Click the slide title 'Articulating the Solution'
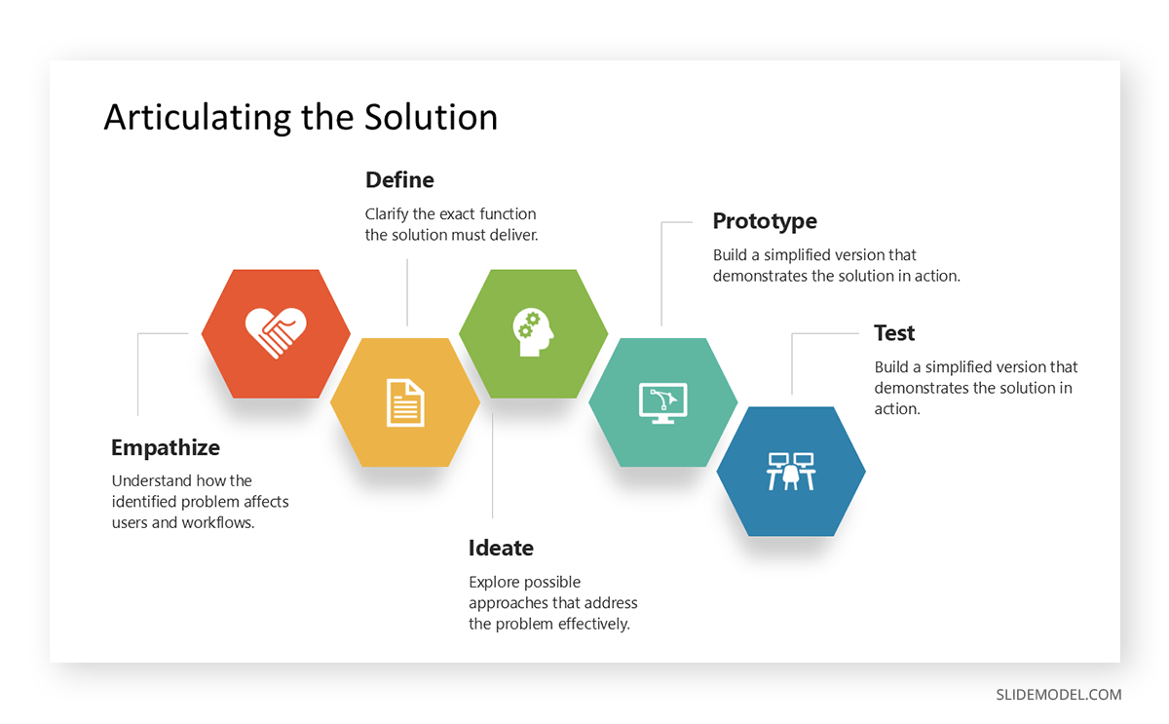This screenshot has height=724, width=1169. pos(300,117)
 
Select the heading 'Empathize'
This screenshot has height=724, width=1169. pos(166,448)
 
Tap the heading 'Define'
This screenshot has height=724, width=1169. pos(399,180)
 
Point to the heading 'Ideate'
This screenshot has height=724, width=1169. pos(501,548)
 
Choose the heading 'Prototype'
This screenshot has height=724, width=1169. pos(765,221)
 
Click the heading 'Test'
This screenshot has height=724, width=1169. pos(894,333)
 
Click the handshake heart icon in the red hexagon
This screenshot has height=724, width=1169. pos(276,333)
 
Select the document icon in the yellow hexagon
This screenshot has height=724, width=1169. pos(405,402)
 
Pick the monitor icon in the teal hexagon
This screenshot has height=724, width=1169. pos(662,402)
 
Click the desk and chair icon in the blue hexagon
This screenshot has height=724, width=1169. pos(791,471)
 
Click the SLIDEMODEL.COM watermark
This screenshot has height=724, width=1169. pos(1058,695)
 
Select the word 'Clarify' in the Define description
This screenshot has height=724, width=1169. pos(387,214)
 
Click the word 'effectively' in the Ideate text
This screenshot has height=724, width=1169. pos(594,624)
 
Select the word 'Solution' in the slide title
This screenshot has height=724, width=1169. pos(432,117)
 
